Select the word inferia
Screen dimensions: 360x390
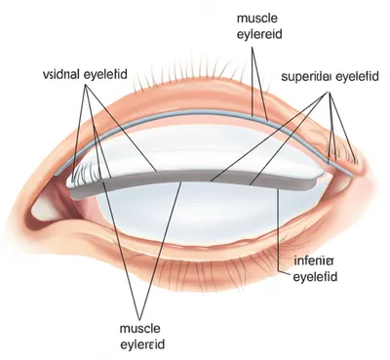(x=313, y=260)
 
